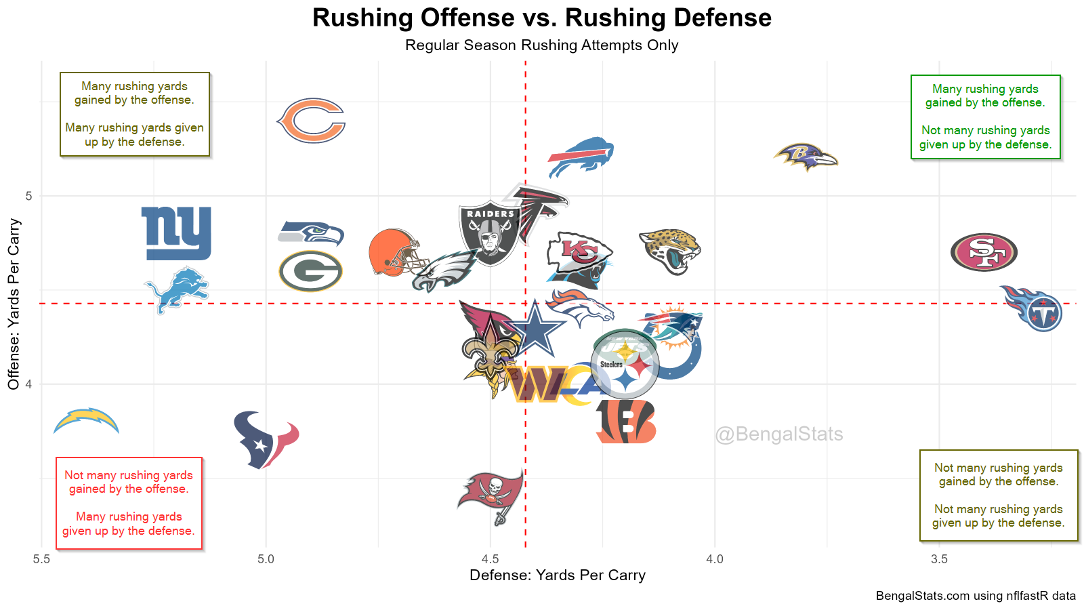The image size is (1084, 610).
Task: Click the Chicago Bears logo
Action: [x=312, y=121]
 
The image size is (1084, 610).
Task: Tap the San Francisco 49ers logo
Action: [x=984, y=252]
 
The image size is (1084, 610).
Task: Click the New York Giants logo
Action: [x=176, y=233]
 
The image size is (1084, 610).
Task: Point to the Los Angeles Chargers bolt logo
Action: [x=87, y=421]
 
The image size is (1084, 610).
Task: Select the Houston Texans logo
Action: [x=266, y=439]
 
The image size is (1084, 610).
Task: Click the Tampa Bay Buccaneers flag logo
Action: [x=492, y=495]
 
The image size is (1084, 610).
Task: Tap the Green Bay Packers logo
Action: [x=311, y=271]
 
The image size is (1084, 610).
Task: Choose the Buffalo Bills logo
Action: [x=581, y=156]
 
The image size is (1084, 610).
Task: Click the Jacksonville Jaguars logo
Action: [x=670, y=251]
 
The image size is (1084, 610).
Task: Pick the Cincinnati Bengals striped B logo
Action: [x=626, y=422]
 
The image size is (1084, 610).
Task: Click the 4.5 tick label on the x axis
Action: [x=491, y=559]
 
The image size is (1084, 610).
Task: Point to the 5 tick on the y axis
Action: [x=28, y=197]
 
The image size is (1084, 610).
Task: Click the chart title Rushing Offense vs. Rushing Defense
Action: [x=542, y=18]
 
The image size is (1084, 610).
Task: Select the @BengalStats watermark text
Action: [x=779, y=434]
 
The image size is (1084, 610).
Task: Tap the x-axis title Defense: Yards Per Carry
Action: [x=558, y=575]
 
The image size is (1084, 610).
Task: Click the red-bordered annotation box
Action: [x=129, y=503]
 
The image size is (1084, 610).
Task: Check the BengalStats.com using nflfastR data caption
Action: [x=976, y=596]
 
